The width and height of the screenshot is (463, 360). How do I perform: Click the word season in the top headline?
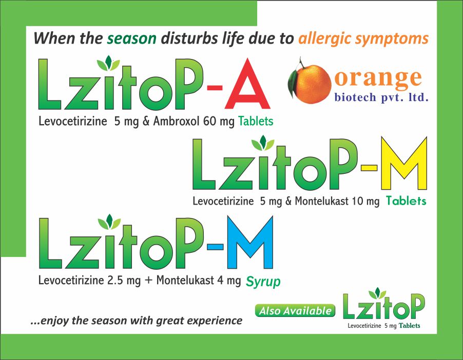(x=131, y=38)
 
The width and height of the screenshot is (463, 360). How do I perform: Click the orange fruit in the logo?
(x=314, y=84)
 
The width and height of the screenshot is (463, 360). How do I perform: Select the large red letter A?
(x=247, y=84)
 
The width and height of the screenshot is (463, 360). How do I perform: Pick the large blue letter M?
(x=250, y=242)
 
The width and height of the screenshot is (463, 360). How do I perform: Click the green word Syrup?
(x=263, y=282)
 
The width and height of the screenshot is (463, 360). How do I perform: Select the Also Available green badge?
(x=295, y=311)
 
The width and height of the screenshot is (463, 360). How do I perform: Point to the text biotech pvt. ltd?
(x=381, y=97)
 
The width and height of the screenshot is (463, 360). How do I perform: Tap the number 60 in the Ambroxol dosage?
(x=209, y=121)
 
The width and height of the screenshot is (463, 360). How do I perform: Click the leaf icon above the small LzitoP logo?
(x=377, y=293)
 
